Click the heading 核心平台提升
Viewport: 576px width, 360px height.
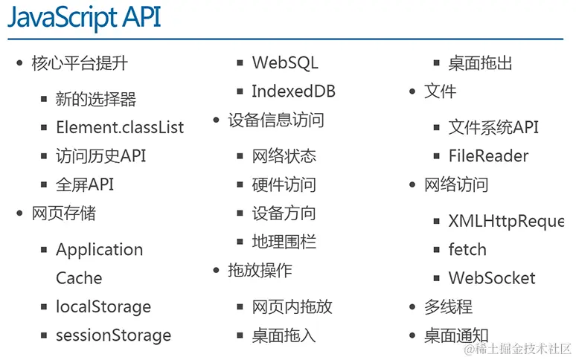(x=80, y=63)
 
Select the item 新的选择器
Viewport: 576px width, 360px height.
(x=96, y=99)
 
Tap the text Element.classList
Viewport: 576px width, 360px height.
(x=120, y=127)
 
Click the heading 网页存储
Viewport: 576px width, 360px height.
(x=64, y=213)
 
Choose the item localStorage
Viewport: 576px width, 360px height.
(x=103, y=306)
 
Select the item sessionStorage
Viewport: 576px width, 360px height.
(x=113, y=335)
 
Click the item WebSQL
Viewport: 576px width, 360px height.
(x=285, y=63)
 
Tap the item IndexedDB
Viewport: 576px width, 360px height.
(x=293, y=91)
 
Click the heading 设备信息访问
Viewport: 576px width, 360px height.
(x=276, y=120)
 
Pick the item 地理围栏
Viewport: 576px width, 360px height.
(x=284, y=242)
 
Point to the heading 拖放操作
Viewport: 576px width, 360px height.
(x=260, y=270)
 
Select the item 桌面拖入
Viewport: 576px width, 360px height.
(x=284, y=335)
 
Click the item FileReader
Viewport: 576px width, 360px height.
(x=488, y=156)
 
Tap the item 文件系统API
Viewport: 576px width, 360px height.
(x=493, y=127)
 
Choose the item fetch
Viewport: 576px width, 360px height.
(x=467, y=250)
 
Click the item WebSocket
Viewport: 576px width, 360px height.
(x=492, y=278)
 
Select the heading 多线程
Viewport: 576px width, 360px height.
(x=449, y=306)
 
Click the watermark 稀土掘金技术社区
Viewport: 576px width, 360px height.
(x=518, y=348)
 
